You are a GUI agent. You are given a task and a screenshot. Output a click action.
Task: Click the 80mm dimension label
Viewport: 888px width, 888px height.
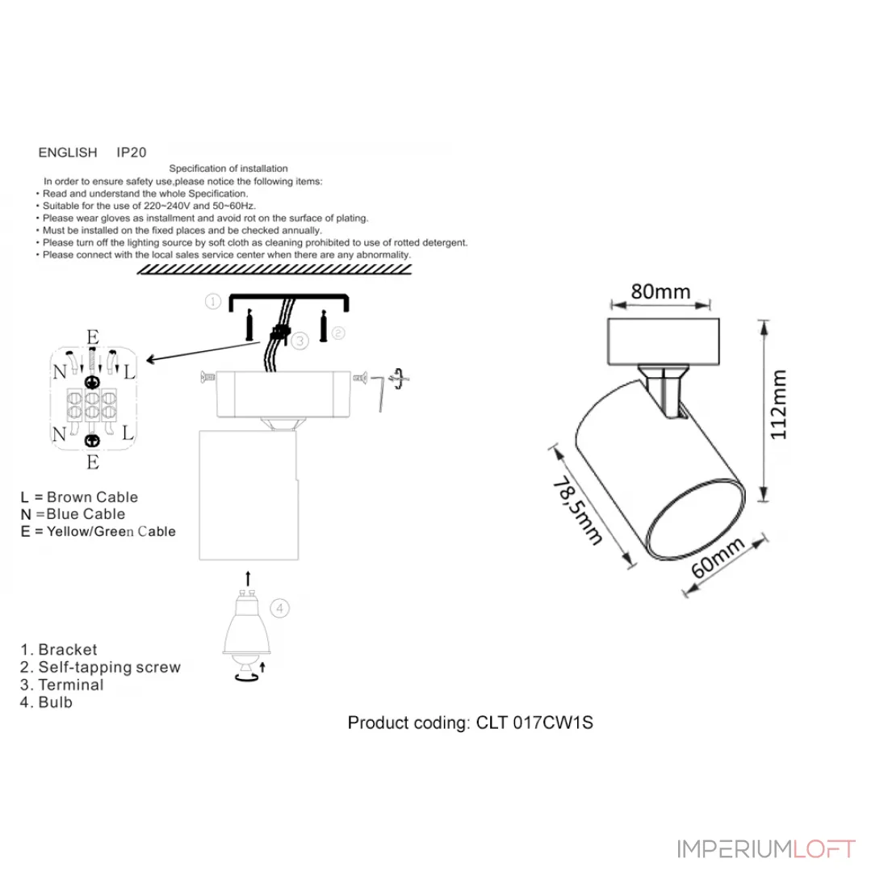pyautogui.click(x=660, y=291)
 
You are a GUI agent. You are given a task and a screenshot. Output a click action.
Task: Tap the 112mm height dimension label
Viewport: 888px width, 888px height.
pyautogui.click(x=779, y=404)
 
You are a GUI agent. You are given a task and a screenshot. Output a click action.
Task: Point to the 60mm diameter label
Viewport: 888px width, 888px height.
pyautogui.click(x=718, y=558)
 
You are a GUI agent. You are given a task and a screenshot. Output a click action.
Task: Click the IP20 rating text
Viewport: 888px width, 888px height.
pyautogui.click(x=132, y=153)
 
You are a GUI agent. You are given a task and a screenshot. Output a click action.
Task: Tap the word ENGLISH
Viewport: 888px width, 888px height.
pyautogui.click(x=68, y=153)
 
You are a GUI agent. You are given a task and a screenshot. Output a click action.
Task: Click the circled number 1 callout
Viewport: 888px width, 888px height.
pyautogui.click(x=213, y=301)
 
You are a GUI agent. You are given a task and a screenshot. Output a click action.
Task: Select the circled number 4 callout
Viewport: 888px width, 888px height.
pyautogui.click(x=280, y=608)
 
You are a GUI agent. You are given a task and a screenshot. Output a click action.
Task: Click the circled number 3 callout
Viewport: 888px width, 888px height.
pyautogui.click(x=300, y=341)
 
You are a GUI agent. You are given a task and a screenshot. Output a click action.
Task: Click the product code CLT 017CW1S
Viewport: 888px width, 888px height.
pyautogui.click(x=534, y=723)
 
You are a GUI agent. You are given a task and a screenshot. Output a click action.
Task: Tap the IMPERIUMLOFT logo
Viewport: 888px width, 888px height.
pyautogui.click(x=766, y=849)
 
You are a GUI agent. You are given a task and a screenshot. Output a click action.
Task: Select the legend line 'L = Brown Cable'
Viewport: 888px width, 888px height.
pyautogui.click(x=79, y=496)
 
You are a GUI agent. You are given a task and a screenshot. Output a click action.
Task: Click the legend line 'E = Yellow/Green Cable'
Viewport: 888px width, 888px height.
pyautogui.click(x=98, y=531)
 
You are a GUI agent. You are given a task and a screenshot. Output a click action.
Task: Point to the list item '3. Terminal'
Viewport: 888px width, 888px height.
pyautogui.click(x=61, y=685)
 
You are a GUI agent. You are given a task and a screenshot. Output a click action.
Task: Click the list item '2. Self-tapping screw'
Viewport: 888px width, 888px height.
pyautogui.click(x=100, y=667)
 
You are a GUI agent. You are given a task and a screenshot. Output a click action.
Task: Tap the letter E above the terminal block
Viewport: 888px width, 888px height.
pyautogui.click(x=93, y=337)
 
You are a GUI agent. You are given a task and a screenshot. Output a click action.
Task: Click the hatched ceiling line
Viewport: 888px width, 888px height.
pyautogui.click(x=274, y=270)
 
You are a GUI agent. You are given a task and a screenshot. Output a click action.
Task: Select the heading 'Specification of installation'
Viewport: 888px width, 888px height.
pyautogui.click(x=228, y=168)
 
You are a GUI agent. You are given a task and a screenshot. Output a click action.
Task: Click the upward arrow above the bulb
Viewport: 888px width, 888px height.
pyautogui.click(x=248, y=578)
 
